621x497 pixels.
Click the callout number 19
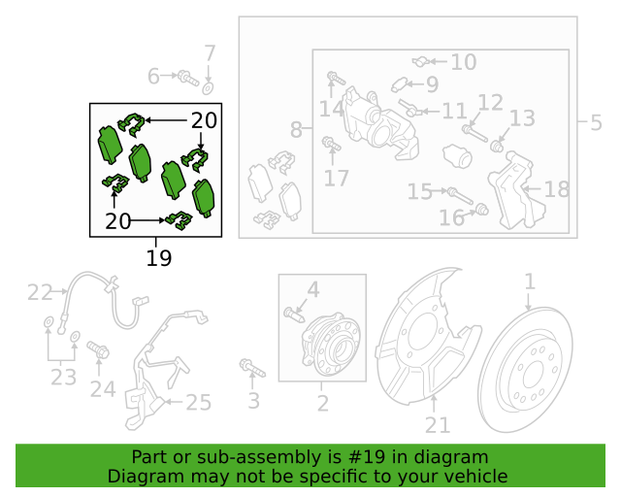tap(159, 258)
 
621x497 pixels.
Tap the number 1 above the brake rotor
tap(530, 282)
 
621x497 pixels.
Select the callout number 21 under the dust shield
tap(438, 426)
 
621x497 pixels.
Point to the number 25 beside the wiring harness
tap(198, 403)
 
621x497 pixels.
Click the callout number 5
tap(596, 123)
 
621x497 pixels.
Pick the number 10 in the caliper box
tap(464, 62)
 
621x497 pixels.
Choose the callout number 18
tap(557, 189)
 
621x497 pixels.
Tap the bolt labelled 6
tap(188, 78)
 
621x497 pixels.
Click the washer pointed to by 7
tap(208, 88)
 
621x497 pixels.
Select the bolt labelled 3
tap(252, 369)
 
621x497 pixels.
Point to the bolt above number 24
tap(98, 349)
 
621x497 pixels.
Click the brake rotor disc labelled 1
tap(526, 370)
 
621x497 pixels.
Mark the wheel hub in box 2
tap(332, 344)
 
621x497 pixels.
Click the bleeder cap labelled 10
tap(420, 62)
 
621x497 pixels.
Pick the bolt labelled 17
tap(332, 144)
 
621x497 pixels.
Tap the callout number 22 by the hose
tap(40, 292)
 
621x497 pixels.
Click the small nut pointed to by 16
tap(482, 209)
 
